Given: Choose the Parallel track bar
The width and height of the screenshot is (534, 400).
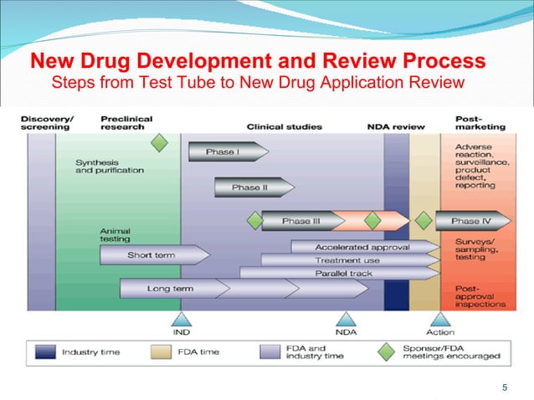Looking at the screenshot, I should pos(339,274).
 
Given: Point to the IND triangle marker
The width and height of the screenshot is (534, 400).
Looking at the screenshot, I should pos(181,320).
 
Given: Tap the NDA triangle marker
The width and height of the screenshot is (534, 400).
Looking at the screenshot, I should pos(346,320).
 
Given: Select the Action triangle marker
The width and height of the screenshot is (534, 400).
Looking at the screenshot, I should pos(440,320).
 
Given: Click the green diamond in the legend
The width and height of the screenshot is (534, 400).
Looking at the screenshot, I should pos(386,351).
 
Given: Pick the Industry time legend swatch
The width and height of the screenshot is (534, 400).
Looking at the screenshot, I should pos(46,352).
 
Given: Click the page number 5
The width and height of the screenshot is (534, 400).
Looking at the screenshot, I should pos(504,387).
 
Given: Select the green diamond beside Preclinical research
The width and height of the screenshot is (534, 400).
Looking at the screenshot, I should pos(159,143).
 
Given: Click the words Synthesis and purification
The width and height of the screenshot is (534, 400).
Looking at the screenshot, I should pos(109,166).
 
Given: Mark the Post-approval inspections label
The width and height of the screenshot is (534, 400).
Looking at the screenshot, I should pos(480,296).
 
